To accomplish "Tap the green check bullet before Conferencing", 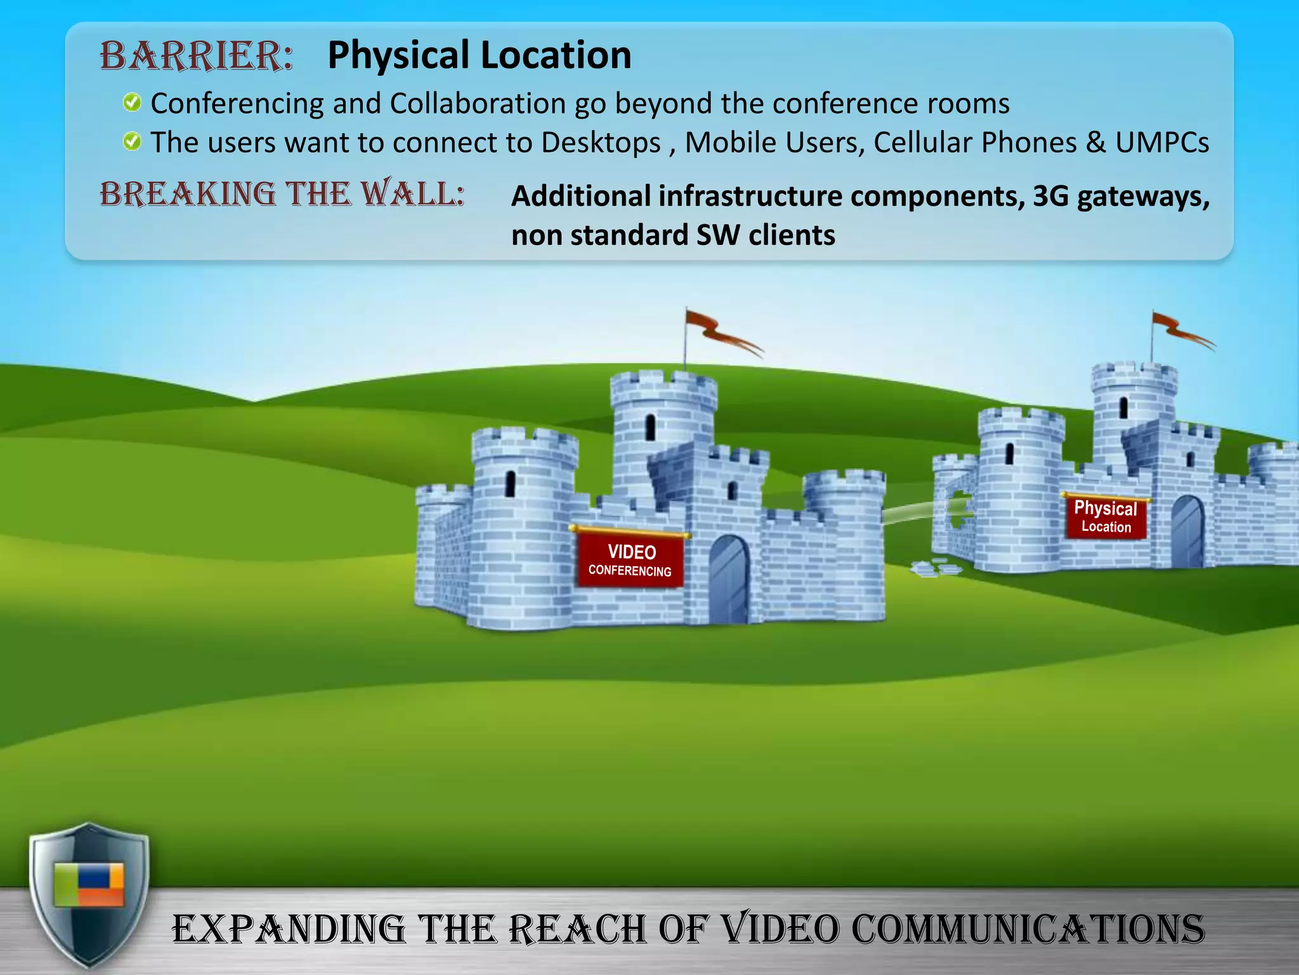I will click(x=132, y=102).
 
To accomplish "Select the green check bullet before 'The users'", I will click(x=132, y=141).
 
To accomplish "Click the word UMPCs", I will click(x=1162, y=143).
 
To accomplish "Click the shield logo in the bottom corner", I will click(x=89, y=895).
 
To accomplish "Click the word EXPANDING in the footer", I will click(x=289, y=929).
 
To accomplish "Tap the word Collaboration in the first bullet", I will click(x=478, y=103).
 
